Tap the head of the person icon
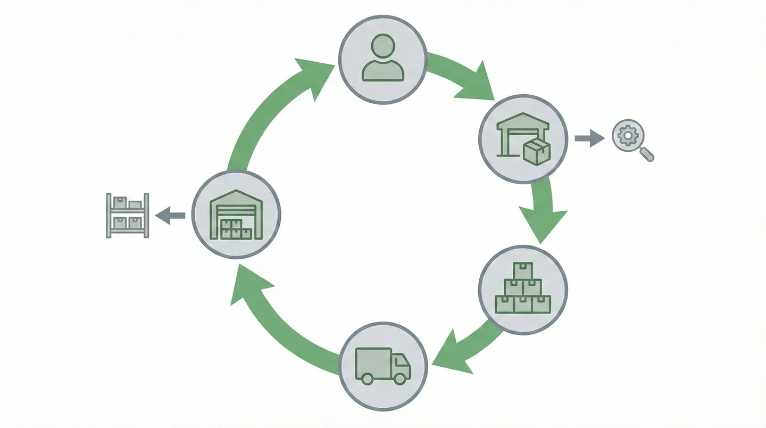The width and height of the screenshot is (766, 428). coord(382,46)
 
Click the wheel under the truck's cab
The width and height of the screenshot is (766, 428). coord(399,378)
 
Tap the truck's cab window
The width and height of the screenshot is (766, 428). coord(401,360)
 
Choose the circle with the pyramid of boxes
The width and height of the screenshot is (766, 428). coord(523,290)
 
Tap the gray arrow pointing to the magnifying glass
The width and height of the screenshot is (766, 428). coord(589,138)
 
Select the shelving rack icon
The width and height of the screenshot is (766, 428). coord(128,215)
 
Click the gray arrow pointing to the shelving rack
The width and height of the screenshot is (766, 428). coord(170,216)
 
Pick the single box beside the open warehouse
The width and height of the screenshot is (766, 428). coord(536,152)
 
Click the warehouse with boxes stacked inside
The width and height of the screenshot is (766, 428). coord(236,214)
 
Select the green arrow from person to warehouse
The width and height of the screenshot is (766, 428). coord(463,77)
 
